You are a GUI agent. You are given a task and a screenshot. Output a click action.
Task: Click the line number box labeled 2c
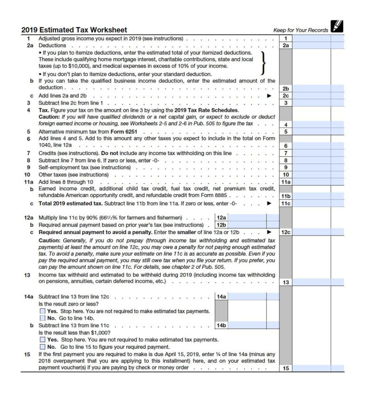(x=285, y=96)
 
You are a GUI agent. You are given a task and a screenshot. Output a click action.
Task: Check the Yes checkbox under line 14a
(x=43, y=311)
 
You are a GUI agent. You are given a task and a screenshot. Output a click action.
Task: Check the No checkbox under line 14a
(x=43, y=318)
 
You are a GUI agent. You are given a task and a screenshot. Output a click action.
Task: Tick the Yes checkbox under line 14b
(x=43, y=340)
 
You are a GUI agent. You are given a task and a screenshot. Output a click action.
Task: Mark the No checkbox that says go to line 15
(x=43, y=347)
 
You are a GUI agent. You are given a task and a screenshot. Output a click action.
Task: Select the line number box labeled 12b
(x=221, y=225)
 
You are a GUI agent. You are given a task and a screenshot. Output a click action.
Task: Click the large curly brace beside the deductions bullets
(x=262, y=63)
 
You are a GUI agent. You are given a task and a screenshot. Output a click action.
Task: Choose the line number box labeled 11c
(x=285, y=203)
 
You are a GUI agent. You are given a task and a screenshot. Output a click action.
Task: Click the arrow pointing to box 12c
(x=269, y=232)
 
